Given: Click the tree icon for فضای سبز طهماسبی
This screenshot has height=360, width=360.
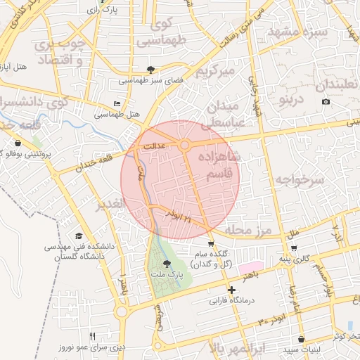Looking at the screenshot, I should [x=150, y=69].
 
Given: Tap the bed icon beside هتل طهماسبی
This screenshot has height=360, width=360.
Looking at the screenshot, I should [x=117, y=104].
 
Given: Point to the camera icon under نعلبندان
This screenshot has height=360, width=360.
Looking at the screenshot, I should [x=326, y=102].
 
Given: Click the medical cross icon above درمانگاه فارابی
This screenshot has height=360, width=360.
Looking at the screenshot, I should [x=231, y=290].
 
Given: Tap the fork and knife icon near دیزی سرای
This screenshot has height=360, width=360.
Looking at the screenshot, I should [x=92, y=336].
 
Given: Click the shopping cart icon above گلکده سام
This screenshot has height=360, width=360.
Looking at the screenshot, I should [x=211, y=244].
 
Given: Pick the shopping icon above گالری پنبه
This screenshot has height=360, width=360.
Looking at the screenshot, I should [x=294, y=247].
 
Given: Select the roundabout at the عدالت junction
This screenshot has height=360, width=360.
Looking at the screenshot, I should [x=185, y=145].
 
